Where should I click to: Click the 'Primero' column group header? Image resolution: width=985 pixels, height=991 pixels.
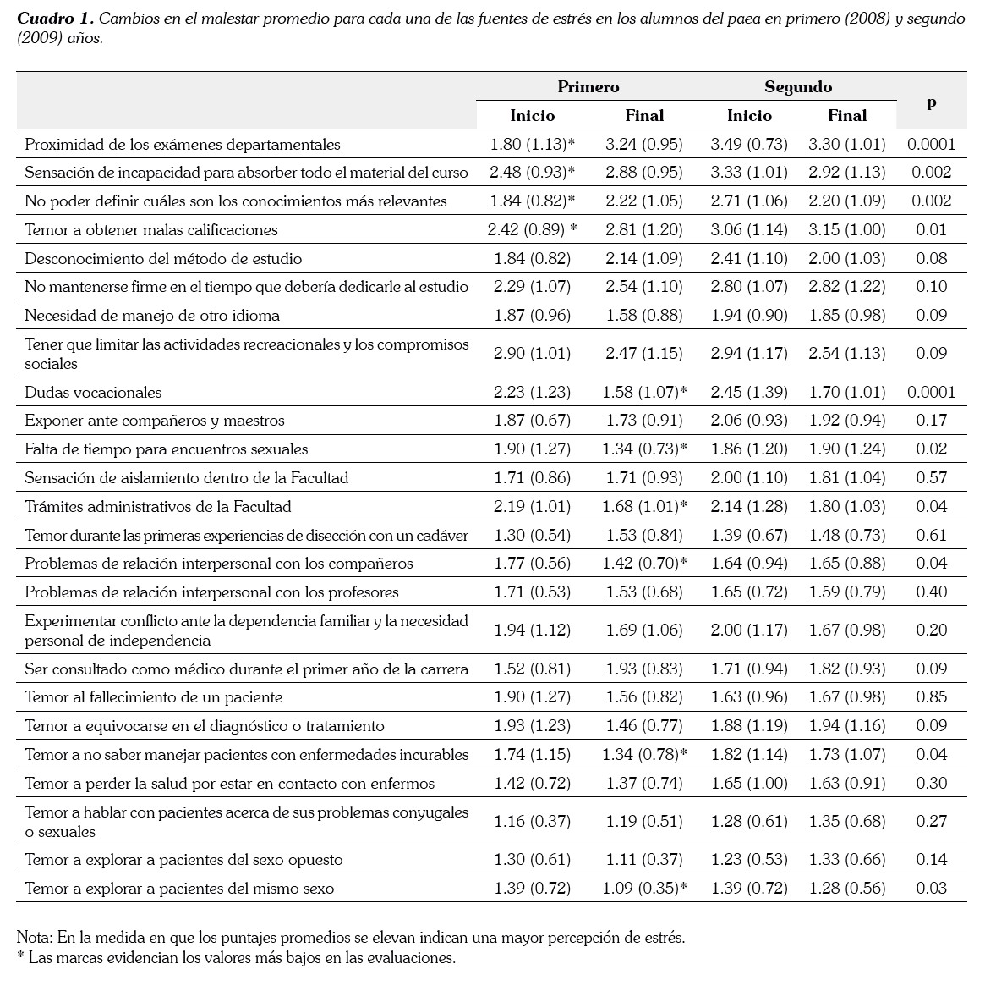[x=588, y=87]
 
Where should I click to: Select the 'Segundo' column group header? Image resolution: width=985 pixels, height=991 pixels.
[x=798, y=87]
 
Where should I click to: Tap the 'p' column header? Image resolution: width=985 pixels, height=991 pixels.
[x=931, y=102]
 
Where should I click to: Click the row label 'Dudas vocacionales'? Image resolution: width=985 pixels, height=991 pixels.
[x=93, y=393]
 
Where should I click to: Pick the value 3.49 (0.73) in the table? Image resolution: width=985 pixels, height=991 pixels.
[x=749, y=144]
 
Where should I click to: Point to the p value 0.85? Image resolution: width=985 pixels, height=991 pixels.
[x=931, y=697]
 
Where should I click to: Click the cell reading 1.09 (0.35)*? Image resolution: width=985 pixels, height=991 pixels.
[x=644, y=889]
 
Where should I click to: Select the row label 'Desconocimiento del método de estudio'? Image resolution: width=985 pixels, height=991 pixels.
[x=163, y=259]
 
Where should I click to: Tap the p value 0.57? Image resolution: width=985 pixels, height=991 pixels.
[x=931, y=478]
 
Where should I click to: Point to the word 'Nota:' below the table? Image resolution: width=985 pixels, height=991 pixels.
[x=35, y=938]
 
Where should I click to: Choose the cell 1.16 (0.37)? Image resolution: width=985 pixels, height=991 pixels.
[x=532, y=821]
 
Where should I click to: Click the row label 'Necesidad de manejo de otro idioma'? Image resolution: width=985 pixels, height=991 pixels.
[x=152, y=316]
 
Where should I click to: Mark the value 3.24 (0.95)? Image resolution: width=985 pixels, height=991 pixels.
[x=644, y=144]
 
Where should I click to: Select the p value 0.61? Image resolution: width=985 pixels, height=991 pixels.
[x=931, y=536]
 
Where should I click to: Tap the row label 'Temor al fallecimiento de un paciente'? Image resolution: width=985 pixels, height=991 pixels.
[x=153, y=697]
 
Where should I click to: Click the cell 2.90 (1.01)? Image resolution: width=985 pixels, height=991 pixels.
[x=532, y=353]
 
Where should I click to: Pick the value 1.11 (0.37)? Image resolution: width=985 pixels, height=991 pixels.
[x=644, y=860]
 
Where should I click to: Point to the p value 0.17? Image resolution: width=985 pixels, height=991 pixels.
[x=931, y=421]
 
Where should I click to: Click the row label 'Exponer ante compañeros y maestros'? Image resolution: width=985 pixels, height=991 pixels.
[x=155, y=421]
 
